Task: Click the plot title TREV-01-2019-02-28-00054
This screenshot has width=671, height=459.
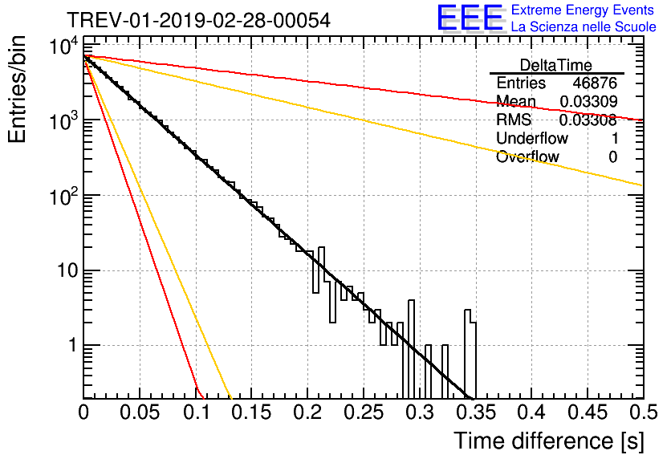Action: pos(198,20)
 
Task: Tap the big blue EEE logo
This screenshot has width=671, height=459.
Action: pos(470,18)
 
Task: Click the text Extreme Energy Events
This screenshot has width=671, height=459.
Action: pos(583,10)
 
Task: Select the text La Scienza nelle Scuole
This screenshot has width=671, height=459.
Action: pos(584,26)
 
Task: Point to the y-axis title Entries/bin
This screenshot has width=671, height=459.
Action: pos(17,89)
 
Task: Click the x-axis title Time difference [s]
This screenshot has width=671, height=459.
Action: pos(549,441)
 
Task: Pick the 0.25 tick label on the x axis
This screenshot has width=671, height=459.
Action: pos(364,412)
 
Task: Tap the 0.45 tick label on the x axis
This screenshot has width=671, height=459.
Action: pos(588,412)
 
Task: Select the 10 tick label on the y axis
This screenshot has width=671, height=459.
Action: pos(68,270)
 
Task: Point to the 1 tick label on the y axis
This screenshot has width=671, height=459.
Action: pos(73,345)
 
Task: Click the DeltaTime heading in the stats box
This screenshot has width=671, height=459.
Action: pos(556,65)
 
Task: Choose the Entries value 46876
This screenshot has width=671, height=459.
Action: pos(596,83)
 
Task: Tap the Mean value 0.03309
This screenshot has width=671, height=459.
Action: pos(589,101)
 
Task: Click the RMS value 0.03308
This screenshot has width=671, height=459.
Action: pos(588,120)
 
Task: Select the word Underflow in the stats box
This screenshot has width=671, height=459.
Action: pos(532,138)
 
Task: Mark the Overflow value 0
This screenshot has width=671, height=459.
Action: pos(613,157)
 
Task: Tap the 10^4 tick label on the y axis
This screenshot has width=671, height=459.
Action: pos(64,46)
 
